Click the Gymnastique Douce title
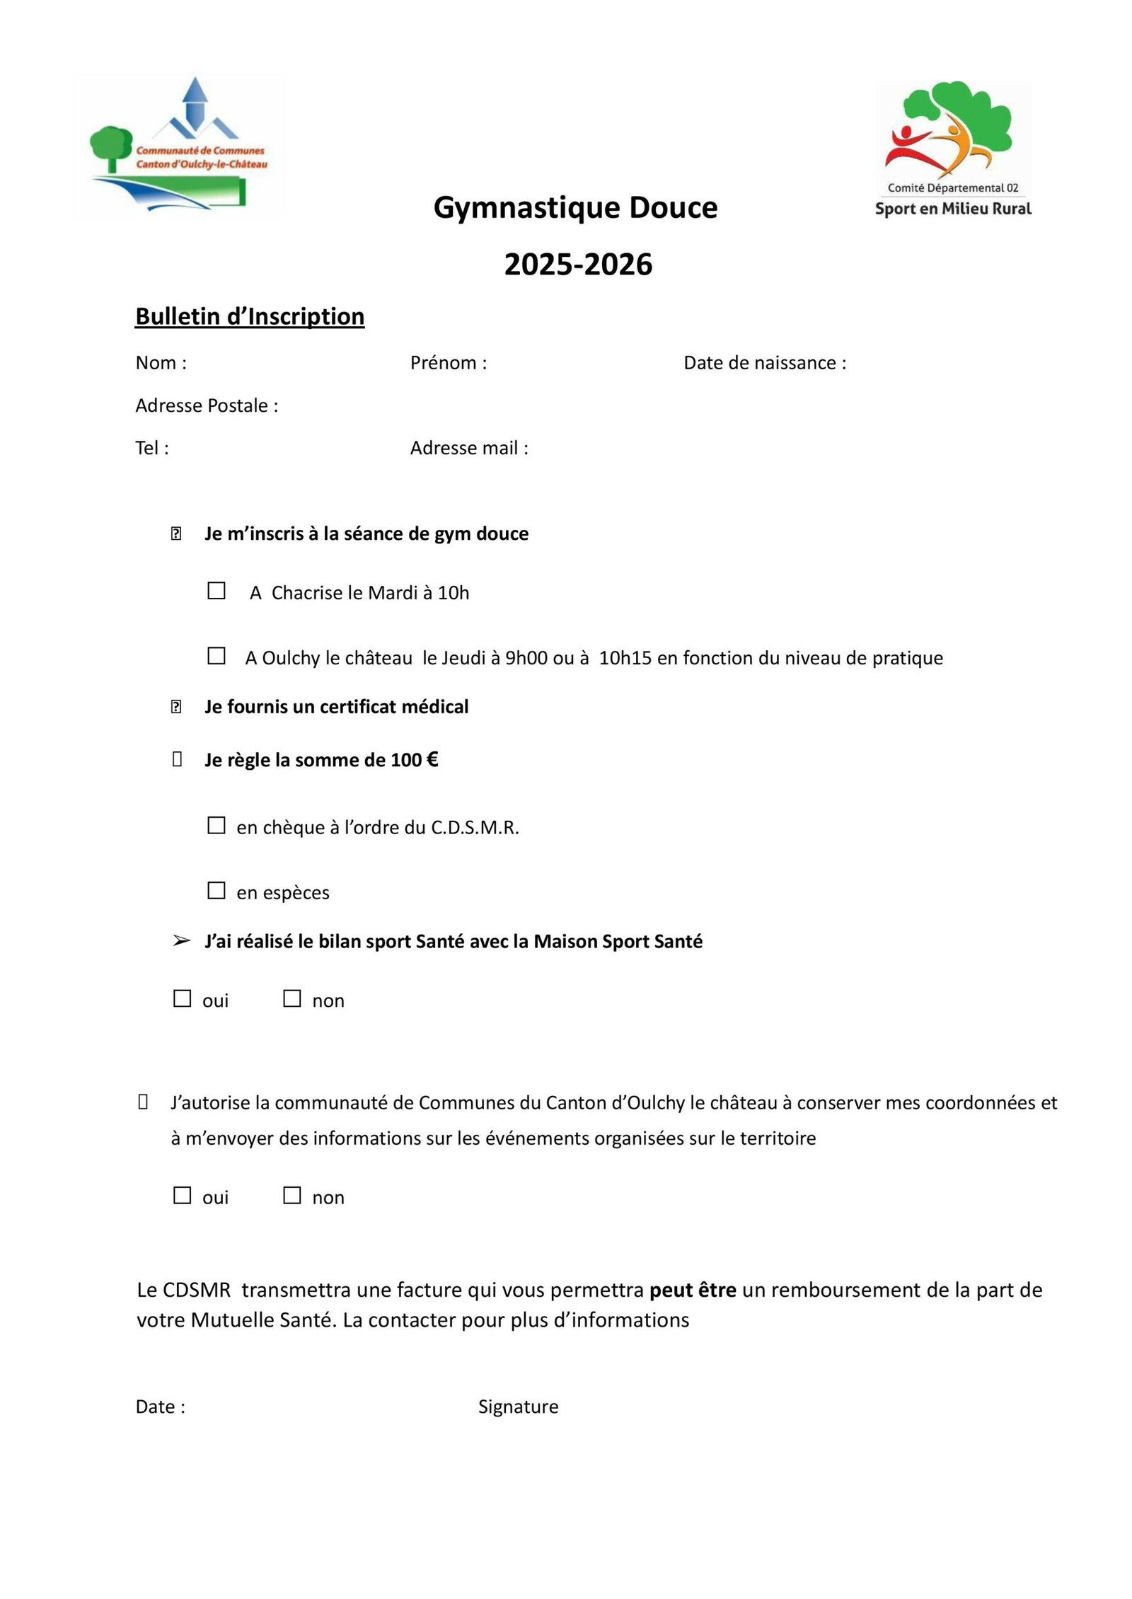coord(575,208)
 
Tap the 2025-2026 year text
coord(578,265)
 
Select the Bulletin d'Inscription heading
coord(250,316)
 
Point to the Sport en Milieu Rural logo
coord(952,149)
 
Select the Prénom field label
coord(449,363)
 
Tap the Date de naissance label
coord(765,363)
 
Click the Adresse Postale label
coord(207,405)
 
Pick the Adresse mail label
coord(469,448)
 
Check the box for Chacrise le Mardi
coord(216,591)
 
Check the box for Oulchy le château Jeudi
coord(216,656)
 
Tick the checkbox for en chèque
coord(216,826)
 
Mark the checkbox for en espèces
coord(216,890)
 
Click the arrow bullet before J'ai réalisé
coord(181,941)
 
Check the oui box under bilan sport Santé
coord(183,998)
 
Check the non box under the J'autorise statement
coord(292,1195)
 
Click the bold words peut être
coord(693,1290)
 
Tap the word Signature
coord(518,1407)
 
